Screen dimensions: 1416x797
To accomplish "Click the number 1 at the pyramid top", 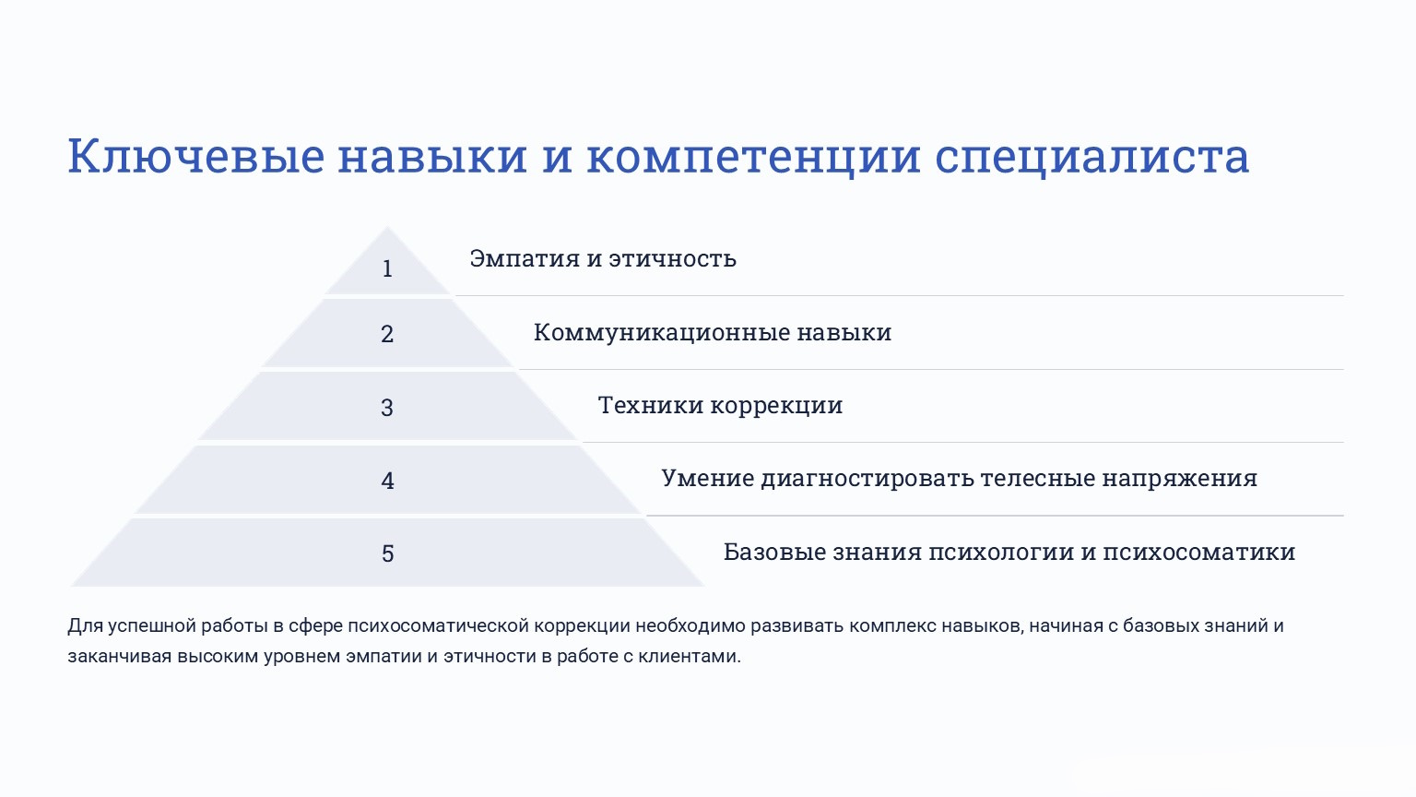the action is pyautogui.click(x=387, y=268).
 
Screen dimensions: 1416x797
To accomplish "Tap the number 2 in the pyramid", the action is pyautogui.click(x=387, y=334).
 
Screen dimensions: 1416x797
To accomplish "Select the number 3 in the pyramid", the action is pyautogui.click(x=387, y=408).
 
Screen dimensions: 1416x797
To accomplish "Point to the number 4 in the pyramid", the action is pyautogui.click(x=387, y=481).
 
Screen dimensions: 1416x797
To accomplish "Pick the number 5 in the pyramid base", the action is pyautogui.click(x=387, y=554).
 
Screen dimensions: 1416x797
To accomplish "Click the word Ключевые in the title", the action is pyautogui.click(x=196, y=156).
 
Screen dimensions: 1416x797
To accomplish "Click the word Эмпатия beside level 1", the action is pyautogui.click(x=525, y=258).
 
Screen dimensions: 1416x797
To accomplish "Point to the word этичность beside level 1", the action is pyautogui.click(x=673, y=258).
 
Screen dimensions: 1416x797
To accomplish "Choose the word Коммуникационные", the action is pyautogui.click(x=662, y=333).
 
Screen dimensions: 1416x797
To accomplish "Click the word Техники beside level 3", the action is pyautogui.click(x=651, y=406).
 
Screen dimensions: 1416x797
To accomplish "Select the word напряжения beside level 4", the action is pyautogui.click(x=1180, y=479).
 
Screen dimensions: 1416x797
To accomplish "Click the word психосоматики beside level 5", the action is pyautogui.click(x=1199, y=552).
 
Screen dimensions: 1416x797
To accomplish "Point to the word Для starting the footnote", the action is pyautogui.click(x=86, y=626).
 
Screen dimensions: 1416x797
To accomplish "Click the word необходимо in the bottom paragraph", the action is pyautogui.click(x=690, y=626).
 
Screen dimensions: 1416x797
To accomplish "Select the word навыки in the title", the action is pyautogui.click(x=432, y=156).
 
